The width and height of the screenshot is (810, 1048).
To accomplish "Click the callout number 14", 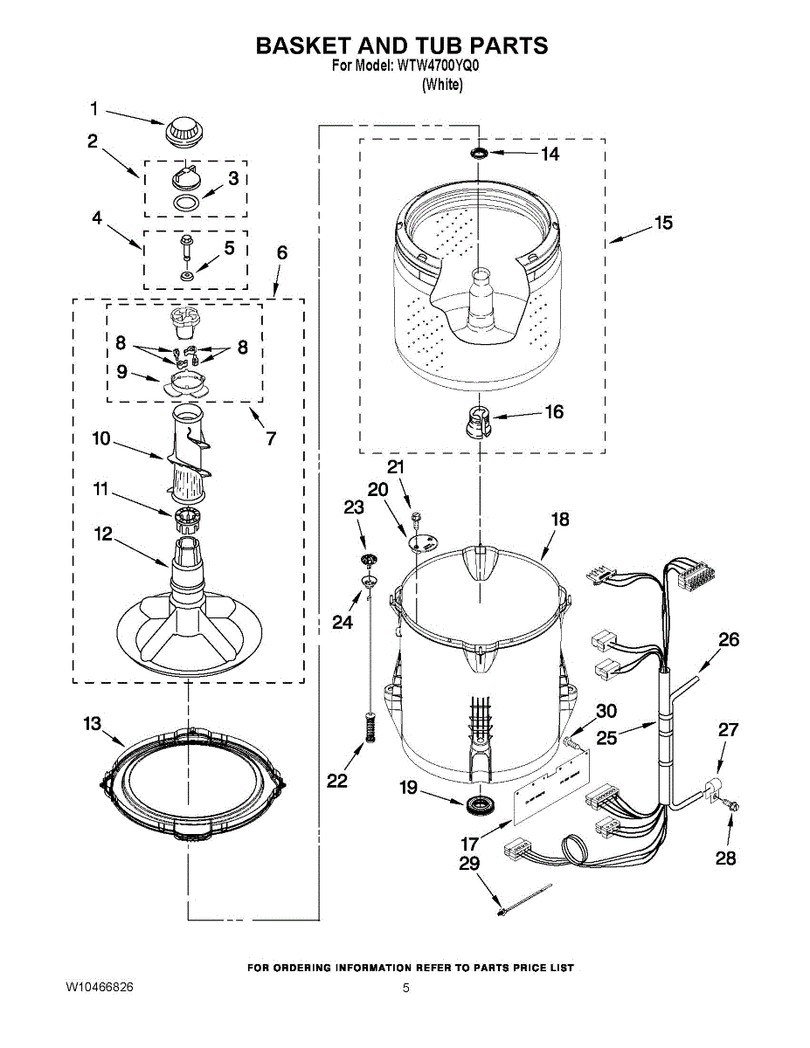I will point(550,155).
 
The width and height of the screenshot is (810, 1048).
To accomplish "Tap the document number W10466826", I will point(100,987).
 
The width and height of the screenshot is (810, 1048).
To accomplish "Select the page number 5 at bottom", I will point(405,988).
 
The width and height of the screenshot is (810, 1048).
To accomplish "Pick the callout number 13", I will point(93,724).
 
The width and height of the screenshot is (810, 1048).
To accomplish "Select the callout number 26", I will point(729,639).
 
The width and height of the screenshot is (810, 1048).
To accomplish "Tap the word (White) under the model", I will point(442,85).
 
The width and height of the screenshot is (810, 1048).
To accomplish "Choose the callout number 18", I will point(559,520).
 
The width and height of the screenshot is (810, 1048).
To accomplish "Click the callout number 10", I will point(101,438).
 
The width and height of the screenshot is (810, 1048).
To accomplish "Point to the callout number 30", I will point(606,711).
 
